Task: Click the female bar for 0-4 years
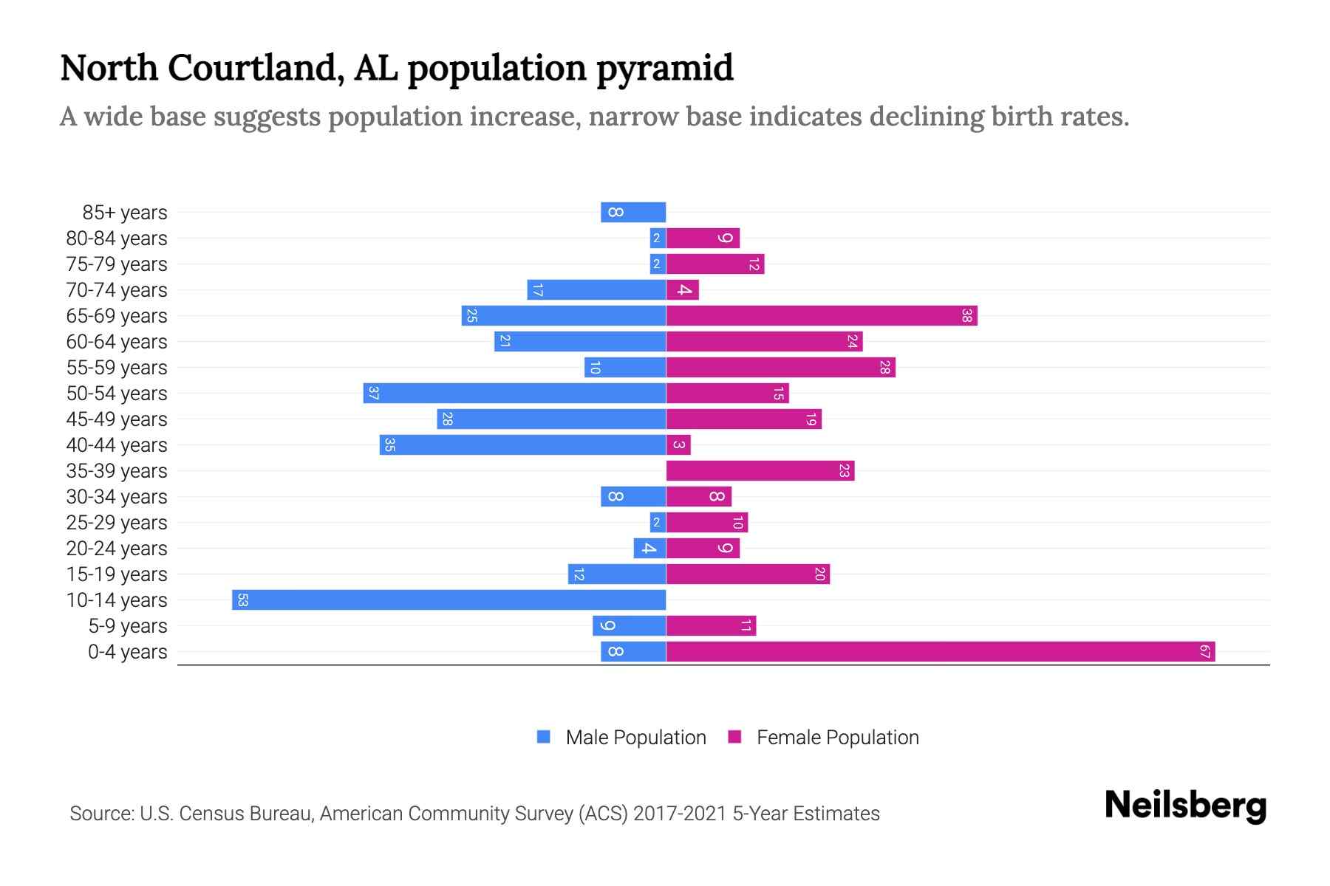[940, 652]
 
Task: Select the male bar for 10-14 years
[449, 600]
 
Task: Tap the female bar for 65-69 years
[822, 316]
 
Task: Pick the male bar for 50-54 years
[515, 394]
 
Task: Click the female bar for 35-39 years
[760, 471]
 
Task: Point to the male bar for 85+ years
[633, 213]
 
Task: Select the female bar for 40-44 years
[678, 445]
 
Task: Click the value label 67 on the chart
[1204, 652]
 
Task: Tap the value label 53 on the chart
[242, 600]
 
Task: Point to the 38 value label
[966, 316]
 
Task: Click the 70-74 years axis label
[117, 290]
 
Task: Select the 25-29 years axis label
[117, 523]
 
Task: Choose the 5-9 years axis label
[128, 626]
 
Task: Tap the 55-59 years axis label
[117, 368]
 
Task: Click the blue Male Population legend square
[544, 737]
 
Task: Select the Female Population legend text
[837, 738]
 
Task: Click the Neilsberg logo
[1185, 805]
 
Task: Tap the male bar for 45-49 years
[551, 419]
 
